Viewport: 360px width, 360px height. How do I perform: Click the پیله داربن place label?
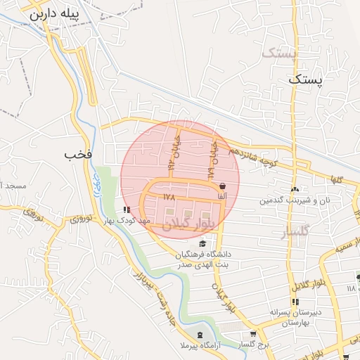[x=53, y=13]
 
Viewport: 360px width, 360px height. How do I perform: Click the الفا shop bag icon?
[x=223, y=186]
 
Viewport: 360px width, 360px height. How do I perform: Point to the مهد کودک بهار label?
[x=127, y=220]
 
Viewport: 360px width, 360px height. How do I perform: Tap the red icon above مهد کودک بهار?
[x=127, y=210]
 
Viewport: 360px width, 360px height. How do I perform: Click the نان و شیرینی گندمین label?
[x=284, y=200]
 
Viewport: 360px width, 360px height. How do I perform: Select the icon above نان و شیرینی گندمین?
[x=294, y=189]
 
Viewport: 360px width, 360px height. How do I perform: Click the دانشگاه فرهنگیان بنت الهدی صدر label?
[x=204, y=259]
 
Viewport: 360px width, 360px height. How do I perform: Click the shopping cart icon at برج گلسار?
[x=253, y=333]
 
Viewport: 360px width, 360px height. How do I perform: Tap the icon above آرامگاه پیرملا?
[x=200, y=335]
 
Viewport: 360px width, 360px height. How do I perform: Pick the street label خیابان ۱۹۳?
[x=172, y=153]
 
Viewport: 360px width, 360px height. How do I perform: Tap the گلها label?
[x=337, y=179]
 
